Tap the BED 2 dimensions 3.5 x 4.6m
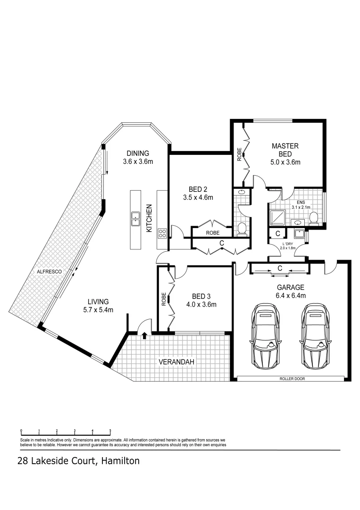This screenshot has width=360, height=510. click(198, 198)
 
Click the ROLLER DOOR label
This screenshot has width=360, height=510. click(291, 378)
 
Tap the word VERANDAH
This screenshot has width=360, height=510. click(176, 362)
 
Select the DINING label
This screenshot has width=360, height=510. click(138, 153)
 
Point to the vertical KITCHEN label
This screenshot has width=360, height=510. click(149, 218)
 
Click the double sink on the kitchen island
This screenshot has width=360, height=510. click(135, 218)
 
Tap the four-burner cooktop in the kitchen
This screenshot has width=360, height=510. click(162, 233)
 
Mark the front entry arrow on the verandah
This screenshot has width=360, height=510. click(144, 335)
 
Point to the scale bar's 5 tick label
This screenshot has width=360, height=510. click(110, 431)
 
